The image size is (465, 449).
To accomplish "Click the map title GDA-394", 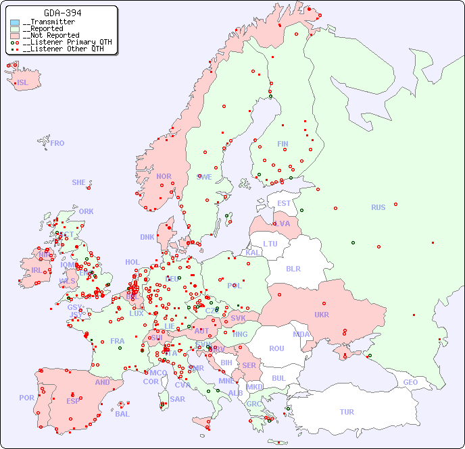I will pos(63,13).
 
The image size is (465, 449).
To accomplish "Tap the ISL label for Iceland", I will pos(23,83).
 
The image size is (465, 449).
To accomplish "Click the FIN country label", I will pos(283,144).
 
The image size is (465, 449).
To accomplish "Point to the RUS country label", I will pos(378,207).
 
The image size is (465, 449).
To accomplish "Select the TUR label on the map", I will pos(347,412).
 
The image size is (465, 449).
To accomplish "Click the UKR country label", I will pos(322,315).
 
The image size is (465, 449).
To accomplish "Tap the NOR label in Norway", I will pos(164,176).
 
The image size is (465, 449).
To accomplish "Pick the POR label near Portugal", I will pos(26,398).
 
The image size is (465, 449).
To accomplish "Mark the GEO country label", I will pos(410,382).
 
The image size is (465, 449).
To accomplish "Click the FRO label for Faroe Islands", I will pos(57,143).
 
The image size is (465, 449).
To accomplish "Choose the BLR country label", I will pos(293,268).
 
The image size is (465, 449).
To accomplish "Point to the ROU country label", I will pos(276,348).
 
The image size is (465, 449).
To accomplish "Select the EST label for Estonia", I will pos(284,203).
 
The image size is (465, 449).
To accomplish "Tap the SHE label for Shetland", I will pos(78,182).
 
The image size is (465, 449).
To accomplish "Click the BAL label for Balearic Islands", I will pos(122,414).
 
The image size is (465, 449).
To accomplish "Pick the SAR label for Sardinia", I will pos(178,398).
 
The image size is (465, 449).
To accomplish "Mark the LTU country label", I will pos(270,244).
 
